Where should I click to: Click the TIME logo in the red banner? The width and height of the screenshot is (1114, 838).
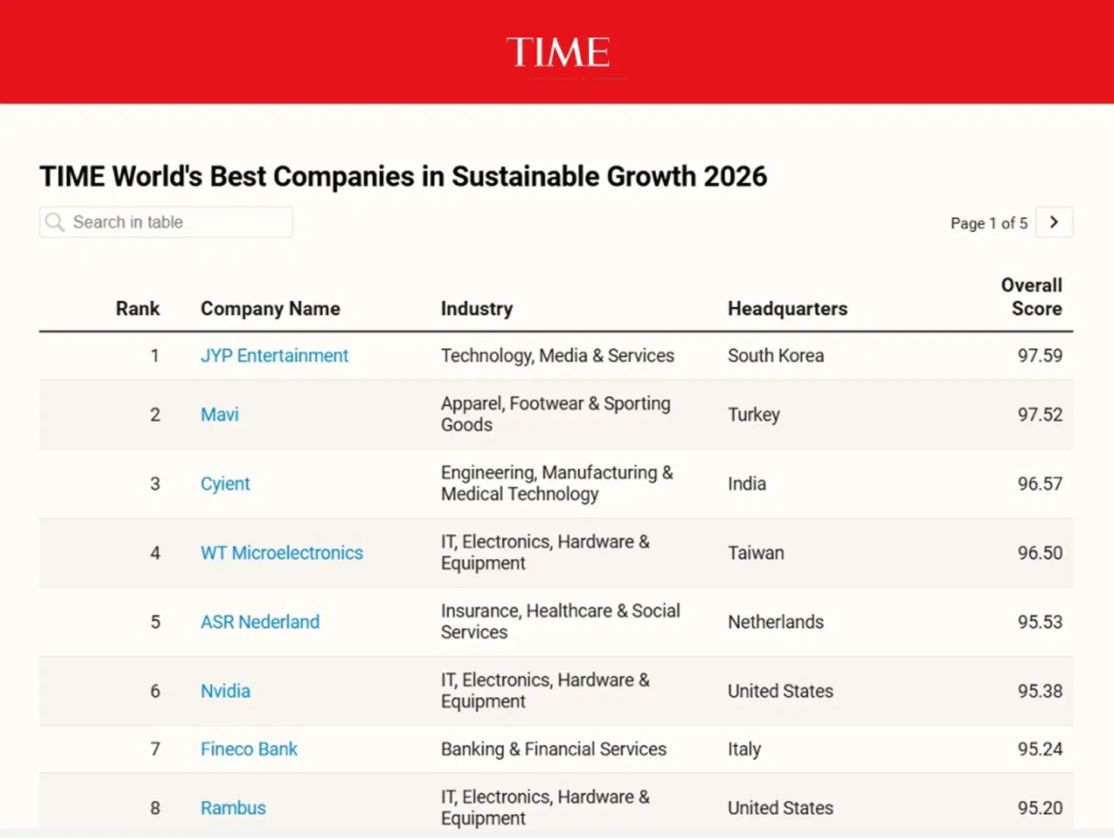pyautogui.click(x=558, y=52)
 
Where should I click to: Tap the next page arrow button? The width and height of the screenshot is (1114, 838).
pyautogui.click(x=1054, y=222)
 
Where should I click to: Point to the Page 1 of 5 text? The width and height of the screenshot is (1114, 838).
pyautogui.click(x=988, y=223)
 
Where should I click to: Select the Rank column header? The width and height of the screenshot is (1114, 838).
pyautogui.click(x=137, y=309)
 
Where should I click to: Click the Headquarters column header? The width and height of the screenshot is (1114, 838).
pyautogui.click(x=787, y=309)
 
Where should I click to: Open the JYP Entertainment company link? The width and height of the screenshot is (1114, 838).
pyautogui.click(x=274, y=356)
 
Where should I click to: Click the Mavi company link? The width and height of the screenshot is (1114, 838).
pyautogui.click(x=220, y=415)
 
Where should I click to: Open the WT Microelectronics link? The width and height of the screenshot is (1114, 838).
pyautogui.click(x=281, y=553)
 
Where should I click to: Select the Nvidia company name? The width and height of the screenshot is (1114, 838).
pyautogui.click(x=226, y=691)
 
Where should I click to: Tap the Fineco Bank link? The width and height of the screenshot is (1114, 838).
pyautogui.click(x=249, y=749)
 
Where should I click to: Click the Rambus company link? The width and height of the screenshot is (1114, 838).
pyautogui.click(x=233, y=808)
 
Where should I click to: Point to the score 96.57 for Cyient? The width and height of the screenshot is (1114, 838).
pyautogui.click(x=1040, y=484)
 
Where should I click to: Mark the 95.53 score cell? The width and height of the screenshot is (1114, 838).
pyautogui.click(x=1040, y=622)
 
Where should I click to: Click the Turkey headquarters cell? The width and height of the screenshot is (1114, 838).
pyautogui.click(x=753, y=415)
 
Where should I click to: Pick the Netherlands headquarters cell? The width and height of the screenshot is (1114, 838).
pyautogui.click(x=775, y=622)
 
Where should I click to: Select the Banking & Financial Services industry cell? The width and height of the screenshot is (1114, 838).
pyautogui.click(x=553, y=749)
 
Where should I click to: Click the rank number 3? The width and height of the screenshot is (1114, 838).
pyautogui.click(x=155, y=484)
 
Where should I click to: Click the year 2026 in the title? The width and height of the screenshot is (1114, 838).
pyautogui.click(x=735, y=176)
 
